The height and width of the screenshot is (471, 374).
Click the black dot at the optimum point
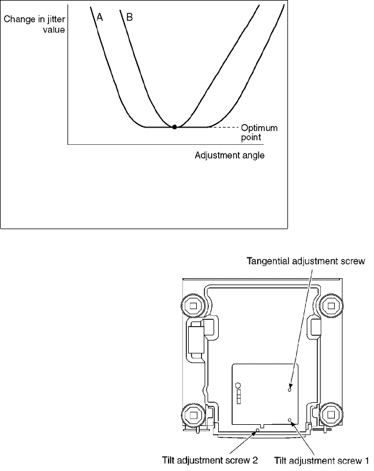(175, 126)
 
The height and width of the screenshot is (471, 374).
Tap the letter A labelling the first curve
(100, 17)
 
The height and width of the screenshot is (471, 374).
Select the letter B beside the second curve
(129, 17)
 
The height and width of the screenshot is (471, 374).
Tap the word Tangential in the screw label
(269, 261)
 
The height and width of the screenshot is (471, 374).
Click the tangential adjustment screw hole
(290, 389)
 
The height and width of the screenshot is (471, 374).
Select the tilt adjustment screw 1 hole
(290, 420)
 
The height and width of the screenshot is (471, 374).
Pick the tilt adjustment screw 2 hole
(258, 429)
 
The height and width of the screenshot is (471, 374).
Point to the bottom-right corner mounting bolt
(331, 414)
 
